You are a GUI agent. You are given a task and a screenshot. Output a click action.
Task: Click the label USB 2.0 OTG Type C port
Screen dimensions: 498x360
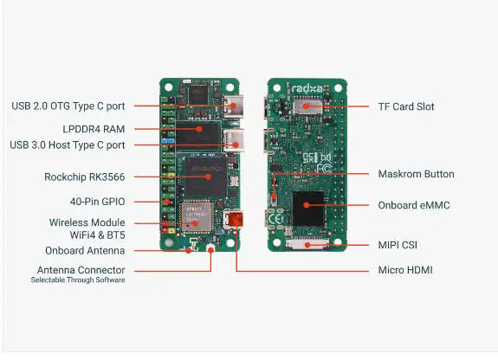68,106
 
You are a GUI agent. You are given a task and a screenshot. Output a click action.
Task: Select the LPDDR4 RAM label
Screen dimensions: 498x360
94,129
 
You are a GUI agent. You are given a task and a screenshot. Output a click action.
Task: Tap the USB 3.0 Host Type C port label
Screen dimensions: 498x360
68,145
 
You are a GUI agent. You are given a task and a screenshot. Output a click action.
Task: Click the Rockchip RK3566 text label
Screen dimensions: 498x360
85,177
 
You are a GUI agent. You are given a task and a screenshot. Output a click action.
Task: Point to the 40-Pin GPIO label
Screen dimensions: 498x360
97,202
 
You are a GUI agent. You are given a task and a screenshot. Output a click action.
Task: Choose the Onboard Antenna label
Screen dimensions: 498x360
85,251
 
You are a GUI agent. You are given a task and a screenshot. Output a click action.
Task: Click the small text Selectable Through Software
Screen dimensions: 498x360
78,280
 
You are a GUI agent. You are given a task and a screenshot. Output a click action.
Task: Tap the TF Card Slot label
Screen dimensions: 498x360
406,106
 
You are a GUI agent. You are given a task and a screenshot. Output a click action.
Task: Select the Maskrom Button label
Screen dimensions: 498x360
416,174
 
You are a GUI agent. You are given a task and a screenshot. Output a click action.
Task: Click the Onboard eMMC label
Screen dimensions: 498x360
414,205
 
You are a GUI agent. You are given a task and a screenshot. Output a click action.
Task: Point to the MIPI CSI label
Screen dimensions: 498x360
398,245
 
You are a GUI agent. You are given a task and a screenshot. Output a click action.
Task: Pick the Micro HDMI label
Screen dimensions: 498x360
405,270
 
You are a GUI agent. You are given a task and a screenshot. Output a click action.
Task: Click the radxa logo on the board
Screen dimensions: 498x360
307,88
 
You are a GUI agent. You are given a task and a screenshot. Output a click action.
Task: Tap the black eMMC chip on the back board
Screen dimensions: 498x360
308,209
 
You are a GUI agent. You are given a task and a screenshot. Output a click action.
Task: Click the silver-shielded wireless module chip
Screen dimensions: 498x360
196,217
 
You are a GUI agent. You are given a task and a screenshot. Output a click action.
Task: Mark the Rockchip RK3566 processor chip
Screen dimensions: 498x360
206,177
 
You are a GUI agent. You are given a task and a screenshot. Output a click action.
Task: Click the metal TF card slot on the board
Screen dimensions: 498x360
307,106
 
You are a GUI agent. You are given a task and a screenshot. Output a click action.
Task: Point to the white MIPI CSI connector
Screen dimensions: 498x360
307,244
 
